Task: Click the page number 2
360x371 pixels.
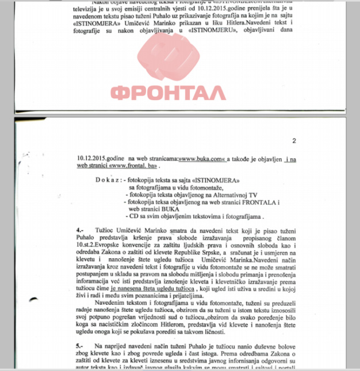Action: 293,141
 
